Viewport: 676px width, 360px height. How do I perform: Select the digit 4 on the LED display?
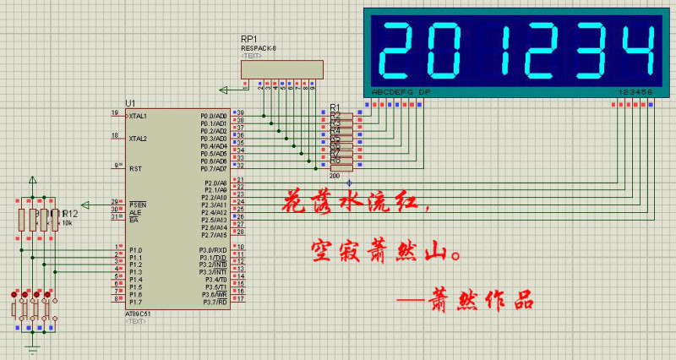(x=634, y=50)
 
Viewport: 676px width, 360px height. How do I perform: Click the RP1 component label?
(x=249, y=40)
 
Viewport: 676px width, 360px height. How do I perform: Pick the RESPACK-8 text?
(x=258, y=48)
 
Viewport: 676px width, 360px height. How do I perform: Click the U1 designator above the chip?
(x=130, y=102)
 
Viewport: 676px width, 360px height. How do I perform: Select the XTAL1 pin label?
(x=138, y=115)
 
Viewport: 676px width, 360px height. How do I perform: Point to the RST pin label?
(x=134, y=168)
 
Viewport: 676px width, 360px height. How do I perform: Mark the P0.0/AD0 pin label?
(x=212, y=116)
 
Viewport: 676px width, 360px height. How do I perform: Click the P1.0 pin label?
(x=134, y=250)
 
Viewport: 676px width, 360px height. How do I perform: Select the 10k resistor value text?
(x=68, y=223)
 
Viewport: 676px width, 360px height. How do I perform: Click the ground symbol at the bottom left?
(x=33, y=347)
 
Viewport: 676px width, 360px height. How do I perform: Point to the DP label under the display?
(x=424, y=91)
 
